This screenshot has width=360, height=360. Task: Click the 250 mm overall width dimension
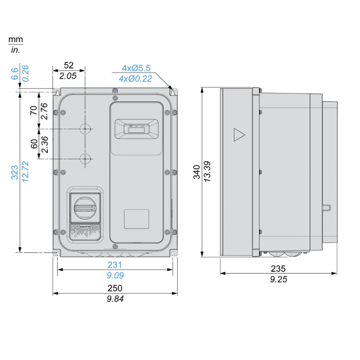coord(115,288)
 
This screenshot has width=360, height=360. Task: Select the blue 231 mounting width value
coord(115,265)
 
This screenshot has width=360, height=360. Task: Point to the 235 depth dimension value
coord(278,269)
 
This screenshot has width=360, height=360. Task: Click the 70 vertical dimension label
coord(34,110)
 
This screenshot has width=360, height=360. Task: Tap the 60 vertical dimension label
coord(34,144)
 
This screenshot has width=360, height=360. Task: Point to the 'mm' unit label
coord(15,40)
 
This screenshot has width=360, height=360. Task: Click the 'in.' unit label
coord(15,50)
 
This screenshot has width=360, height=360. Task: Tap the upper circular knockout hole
coord(85,129)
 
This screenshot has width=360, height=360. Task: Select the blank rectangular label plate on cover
coord(136,218)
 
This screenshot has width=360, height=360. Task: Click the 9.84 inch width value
coord(115,299)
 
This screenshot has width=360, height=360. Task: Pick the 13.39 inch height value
coord(208,171)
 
